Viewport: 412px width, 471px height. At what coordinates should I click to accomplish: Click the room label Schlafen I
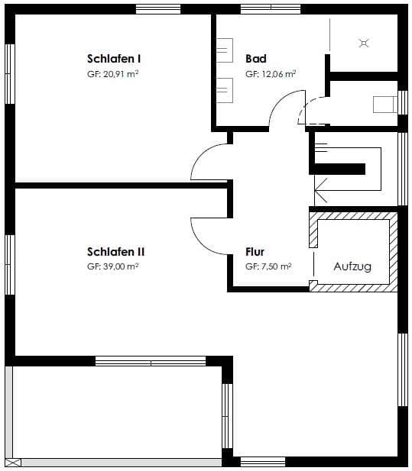[114, 59]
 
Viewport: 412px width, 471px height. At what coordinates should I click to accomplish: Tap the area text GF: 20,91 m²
[113, 74]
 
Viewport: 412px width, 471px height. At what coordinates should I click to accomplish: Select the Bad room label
[256, 59]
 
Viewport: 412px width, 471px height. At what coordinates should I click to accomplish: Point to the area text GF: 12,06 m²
[271, 74]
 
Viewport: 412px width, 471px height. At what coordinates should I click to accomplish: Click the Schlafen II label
[115, 252]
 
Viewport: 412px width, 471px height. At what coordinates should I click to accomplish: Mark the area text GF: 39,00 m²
[113, 266]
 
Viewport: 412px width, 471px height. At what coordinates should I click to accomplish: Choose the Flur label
[255, 252]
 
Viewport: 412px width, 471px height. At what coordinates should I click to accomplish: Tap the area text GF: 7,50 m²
[268, 266]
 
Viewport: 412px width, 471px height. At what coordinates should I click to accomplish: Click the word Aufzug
[352, 266]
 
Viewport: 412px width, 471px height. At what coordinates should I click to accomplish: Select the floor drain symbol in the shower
[364, 44]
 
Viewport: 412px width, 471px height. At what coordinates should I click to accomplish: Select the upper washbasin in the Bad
[225, 50]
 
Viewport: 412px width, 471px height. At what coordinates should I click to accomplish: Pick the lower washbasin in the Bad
[225, 90]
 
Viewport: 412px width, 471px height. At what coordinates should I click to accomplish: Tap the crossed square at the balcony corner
[13, 463]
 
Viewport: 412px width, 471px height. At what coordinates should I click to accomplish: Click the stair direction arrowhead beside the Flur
[321, 190]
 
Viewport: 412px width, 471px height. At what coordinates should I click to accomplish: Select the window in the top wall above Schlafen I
[158, 9]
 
